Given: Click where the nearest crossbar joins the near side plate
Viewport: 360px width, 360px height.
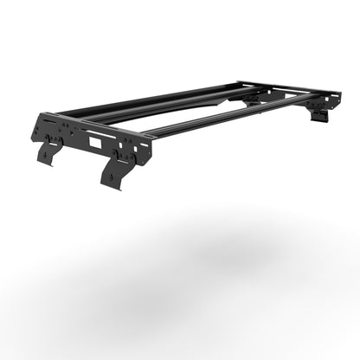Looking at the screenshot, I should (149, 134).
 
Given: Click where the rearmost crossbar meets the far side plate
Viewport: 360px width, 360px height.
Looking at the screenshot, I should (247, 85).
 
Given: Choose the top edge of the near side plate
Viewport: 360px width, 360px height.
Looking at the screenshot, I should (95, 124).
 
